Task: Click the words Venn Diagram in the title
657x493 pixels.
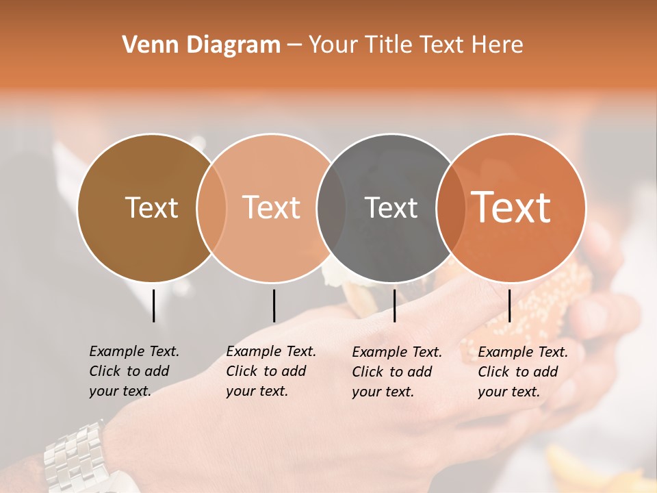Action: (x=201, y=45)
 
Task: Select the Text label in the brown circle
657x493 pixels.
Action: (x=151, y=207)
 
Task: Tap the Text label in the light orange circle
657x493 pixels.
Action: (x=271, y=207)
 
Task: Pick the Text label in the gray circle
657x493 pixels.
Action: (x=391, y=207)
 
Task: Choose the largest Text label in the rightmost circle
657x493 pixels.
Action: (x=511, y=207)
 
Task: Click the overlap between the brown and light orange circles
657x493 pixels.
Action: (x=211, y=207)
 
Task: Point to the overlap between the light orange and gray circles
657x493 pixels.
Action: (x=331, y=207)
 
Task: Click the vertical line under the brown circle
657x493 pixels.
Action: (x=153, y=305)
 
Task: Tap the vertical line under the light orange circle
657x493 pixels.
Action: (x=274, y=305)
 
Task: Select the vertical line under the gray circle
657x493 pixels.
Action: (x=394, y=305)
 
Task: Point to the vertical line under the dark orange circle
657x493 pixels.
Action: (x=509, y=305)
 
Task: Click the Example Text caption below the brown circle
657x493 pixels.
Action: (x=133, y=371)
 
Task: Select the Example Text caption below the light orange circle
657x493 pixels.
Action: (x=270, y=371)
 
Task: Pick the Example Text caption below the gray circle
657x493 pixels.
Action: (x=396, y=372)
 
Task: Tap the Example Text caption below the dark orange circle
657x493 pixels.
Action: (x=522, y=372)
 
